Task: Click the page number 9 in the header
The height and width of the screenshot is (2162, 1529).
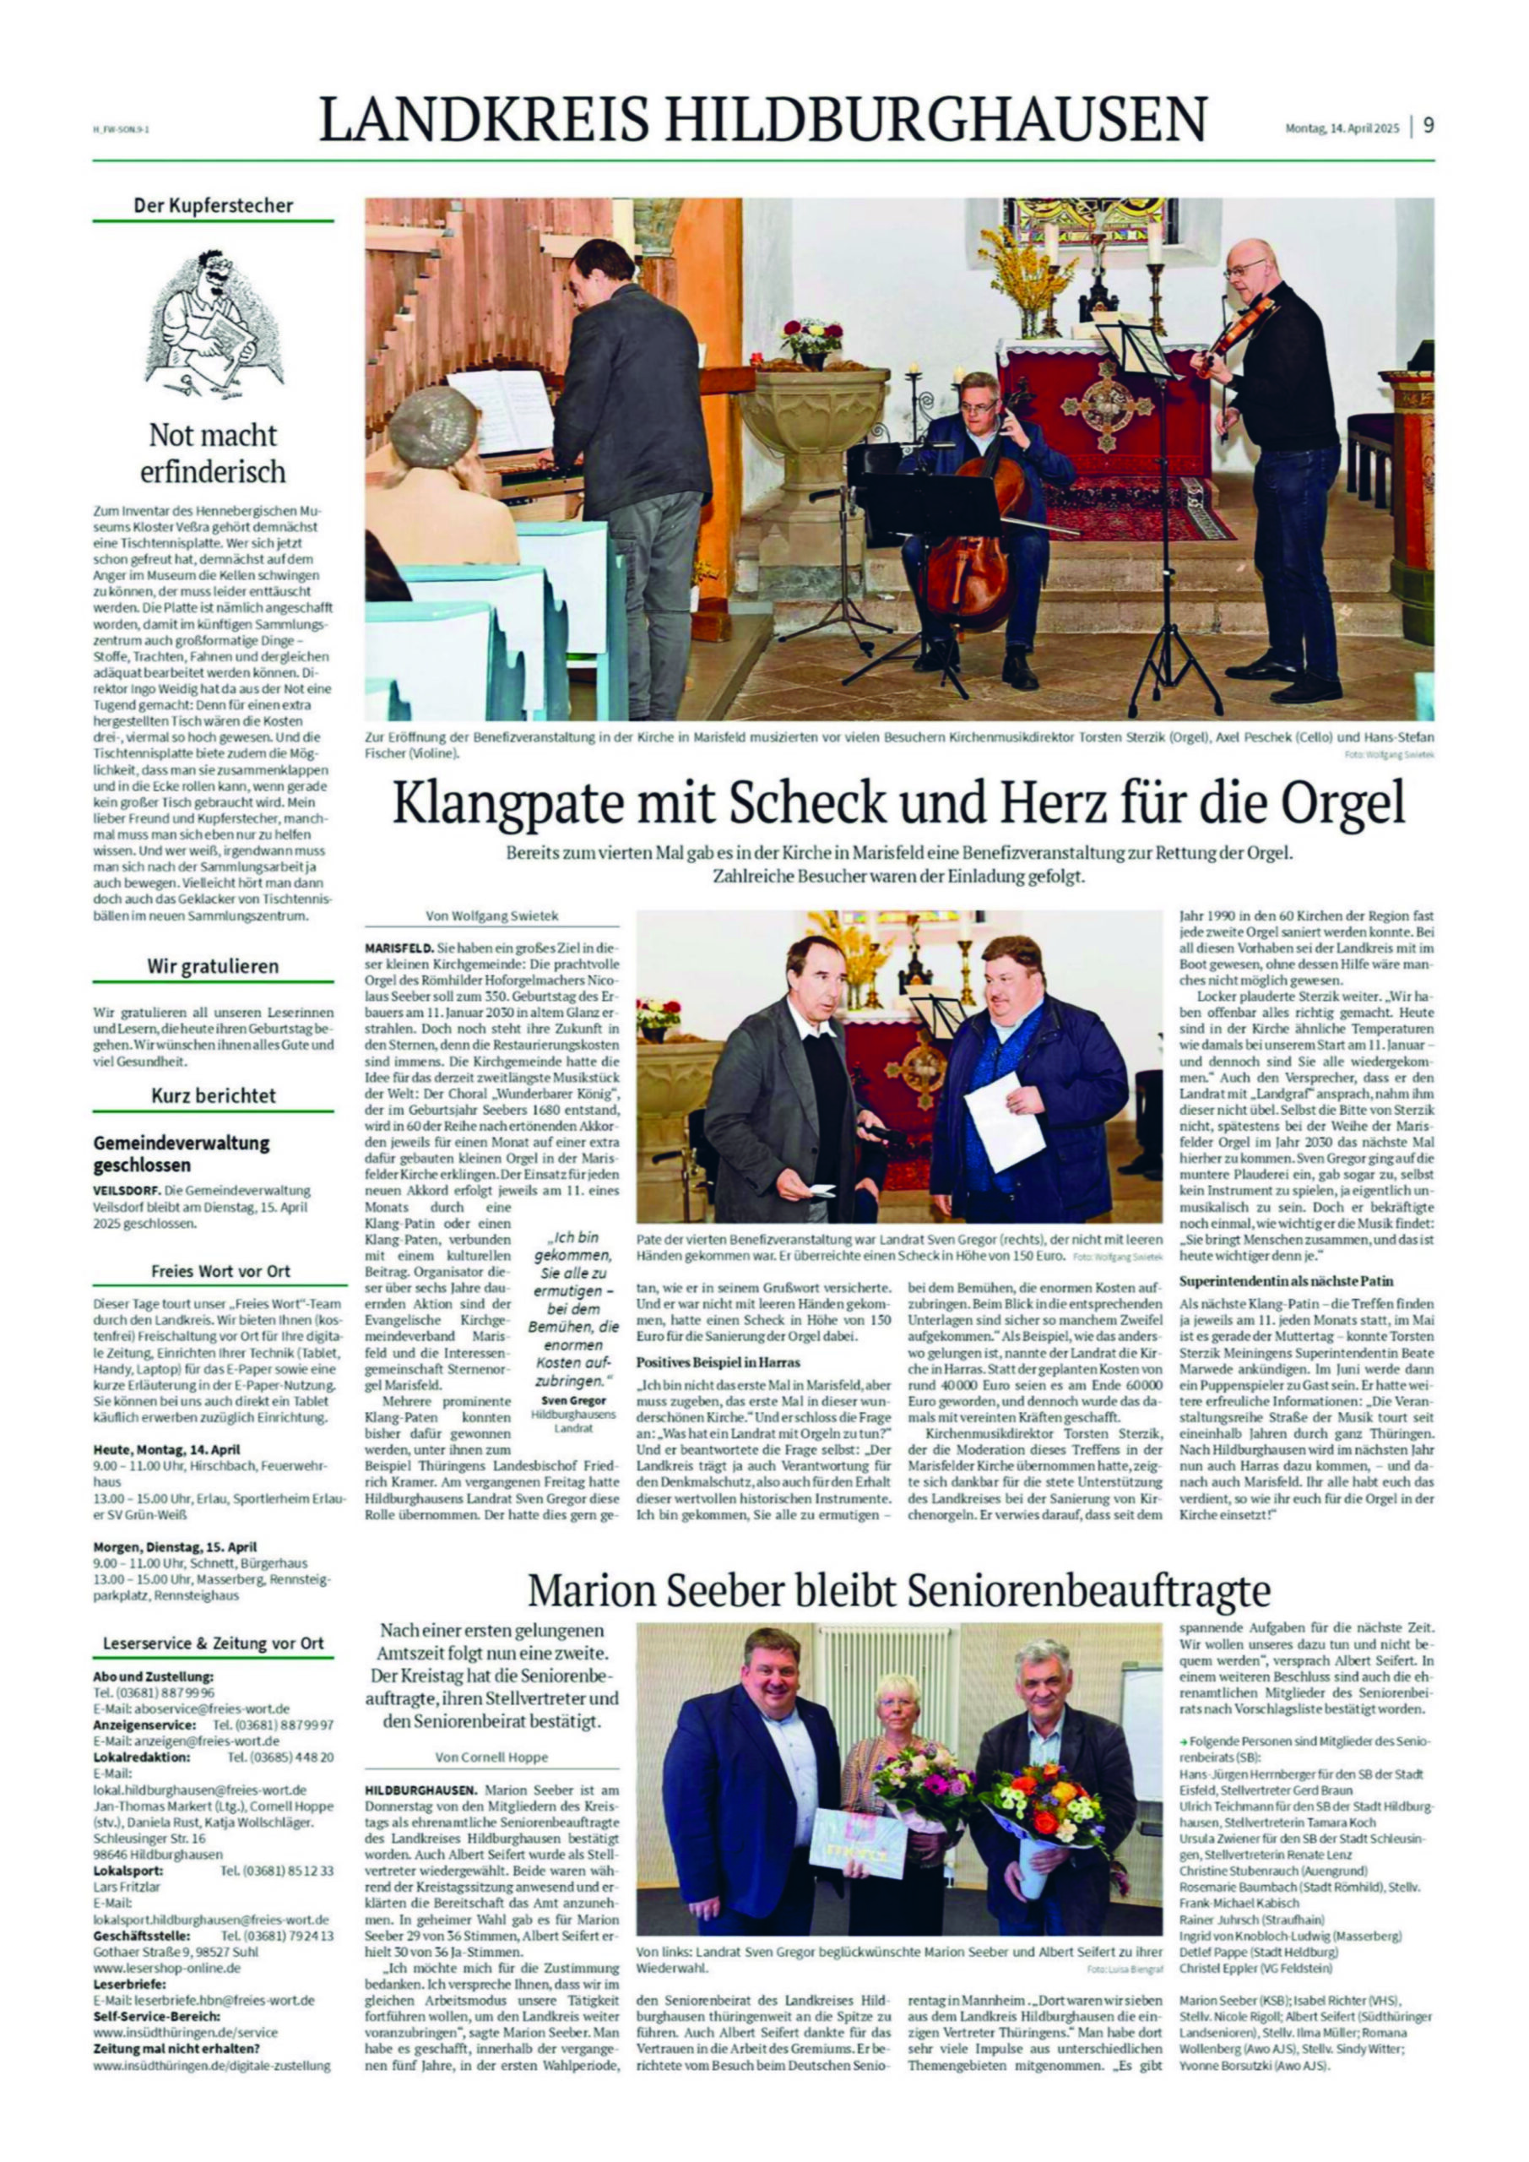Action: [x=1428, y=125]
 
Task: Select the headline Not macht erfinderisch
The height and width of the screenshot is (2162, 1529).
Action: [x=213, y=452]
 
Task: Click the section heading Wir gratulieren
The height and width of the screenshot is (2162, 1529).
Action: [x=213, y=966]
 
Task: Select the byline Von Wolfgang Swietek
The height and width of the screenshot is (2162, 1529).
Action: [x=491, y=915]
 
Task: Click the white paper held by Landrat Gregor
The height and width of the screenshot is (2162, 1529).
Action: [x=1004, y=1121]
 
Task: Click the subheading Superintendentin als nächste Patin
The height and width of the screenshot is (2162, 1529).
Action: [x=1286, y=1281]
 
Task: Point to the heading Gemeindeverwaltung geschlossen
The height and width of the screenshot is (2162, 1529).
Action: [x=181, y=1154]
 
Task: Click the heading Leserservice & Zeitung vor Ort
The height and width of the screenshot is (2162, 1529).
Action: [x=213, y=1643]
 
